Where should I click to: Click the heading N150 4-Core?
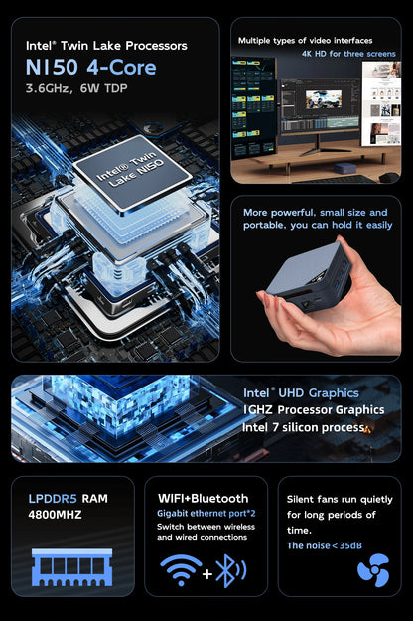click(91, 69)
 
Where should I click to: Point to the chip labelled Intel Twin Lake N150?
click(132, 178)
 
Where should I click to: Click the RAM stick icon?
click(72, 567)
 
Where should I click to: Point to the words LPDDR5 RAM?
click(69, 498)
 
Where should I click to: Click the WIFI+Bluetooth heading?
click(204, 498)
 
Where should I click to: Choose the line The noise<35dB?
click(323, 545)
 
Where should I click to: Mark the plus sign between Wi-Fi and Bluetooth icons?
click(206, 572)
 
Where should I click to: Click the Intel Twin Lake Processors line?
click(106, 45)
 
